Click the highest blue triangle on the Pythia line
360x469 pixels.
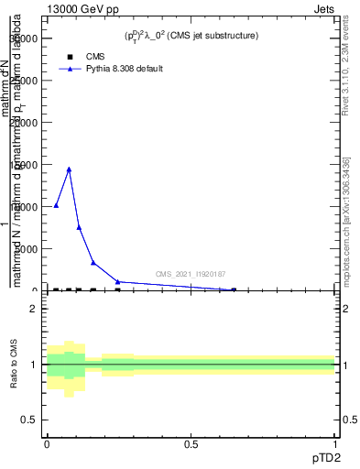point(69,169)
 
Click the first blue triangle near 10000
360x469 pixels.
point(56,206)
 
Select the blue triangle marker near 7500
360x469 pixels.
point(79,227)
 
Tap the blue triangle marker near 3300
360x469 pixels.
point(93,263)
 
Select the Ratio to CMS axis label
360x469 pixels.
point(15,365)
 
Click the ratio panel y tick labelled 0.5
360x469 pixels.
point(30,420)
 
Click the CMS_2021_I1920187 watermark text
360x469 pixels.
point(191,274)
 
